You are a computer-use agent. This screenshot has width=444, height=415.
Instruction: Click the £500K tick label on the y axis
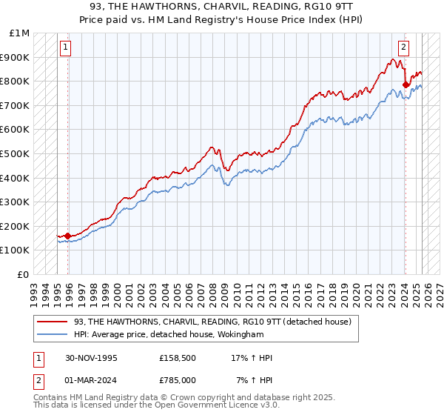click(16, 153)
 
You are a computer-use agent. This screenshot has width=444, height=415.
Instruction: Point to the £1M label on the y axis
click(20, 33)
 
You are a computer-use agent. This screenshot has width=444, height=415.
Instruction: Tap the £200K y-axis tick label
click(16, 226)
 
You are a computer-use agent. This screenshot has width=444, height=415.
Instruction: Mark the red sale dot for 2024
click(406, 84)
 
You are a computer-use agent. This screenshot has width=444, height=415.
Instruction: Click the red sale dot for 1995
click(68, 236)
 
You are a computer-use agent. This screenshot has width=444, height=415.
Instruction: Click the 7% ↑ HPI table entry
click(254, 380)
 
